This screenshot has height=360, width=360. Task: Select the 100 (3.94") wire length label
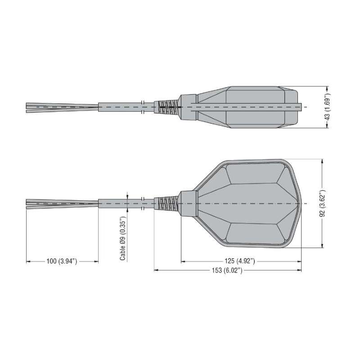62,261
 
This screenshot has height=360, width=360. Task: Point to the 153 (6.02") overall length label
227,270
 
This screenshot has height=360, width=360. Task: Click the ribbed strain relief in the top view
167,107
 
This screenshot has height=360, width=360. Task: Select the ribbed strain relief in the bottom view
167,203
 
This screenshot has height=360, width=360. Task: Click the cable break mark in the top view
142,107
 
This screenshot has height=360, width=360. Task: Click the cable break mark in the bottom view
142,203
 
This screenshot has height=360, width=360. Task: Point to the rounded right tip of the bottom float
298,203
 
